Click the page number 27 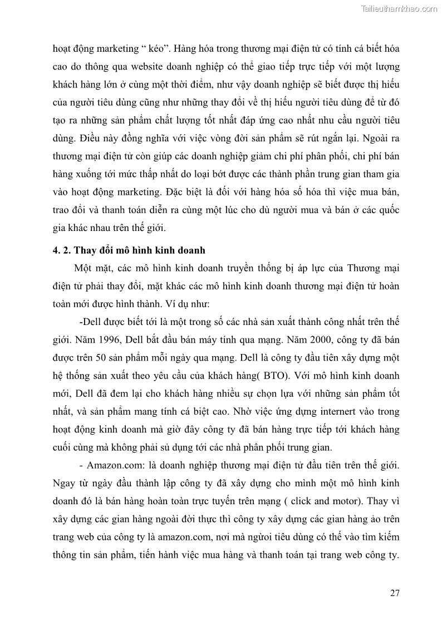[395, 593]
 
